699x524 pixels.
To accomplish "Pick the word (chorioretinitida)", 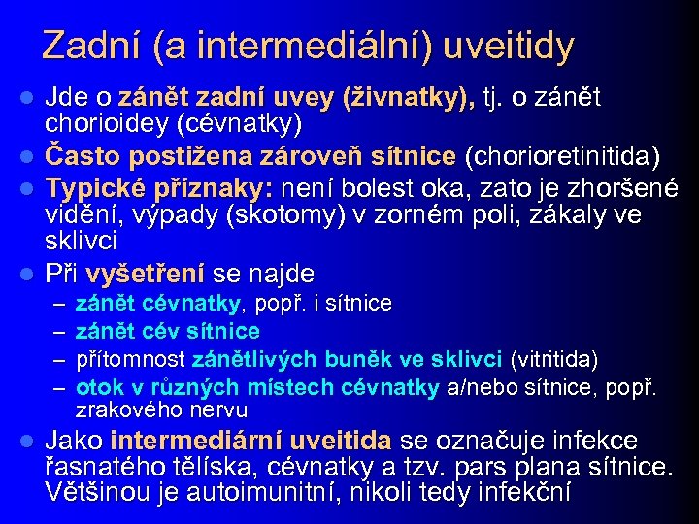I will pyautogui.click(x=564, y=155).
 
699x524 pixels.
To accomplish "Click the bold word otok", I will pyautogui.click(x=95, y=387).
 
